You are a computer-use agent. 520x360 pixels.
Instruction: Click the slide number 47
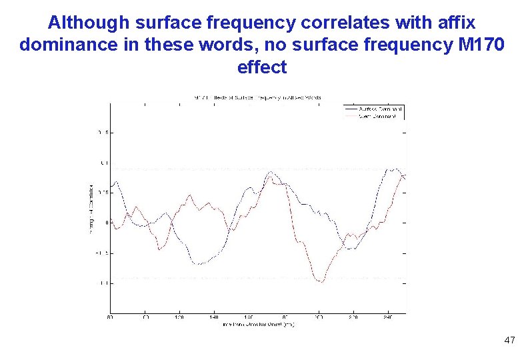click(509, 341)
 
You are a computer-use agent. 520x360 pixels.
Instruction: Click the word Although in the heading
click(89, 23)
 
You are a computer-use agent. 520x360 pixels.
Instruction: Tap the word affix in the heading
click(458, 23)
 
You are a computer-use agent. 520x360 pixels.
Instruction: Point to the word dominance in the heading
click(66, 45)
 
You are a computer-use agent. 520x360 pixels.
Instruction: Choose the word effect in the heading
click(261, 67)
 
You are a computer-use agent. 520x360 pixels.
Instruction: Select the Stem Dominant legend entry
click(377, 116)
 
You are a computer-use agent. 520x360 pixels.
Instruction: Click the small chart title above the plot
click(257, 97)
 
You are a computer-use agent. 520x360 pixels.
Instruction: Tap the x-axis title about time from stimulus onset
click(257, 324)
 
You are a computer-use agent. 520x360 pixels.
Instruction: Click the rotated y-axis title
click(91, 208)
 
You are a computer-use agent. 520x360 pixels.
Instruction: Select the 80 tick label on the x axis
click(110, 318)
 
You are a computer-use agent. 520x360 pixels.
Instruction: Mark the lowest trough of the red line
click(321, 281)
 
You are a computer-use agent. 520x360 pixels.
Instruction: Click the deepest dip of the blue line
click(199, 265)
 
